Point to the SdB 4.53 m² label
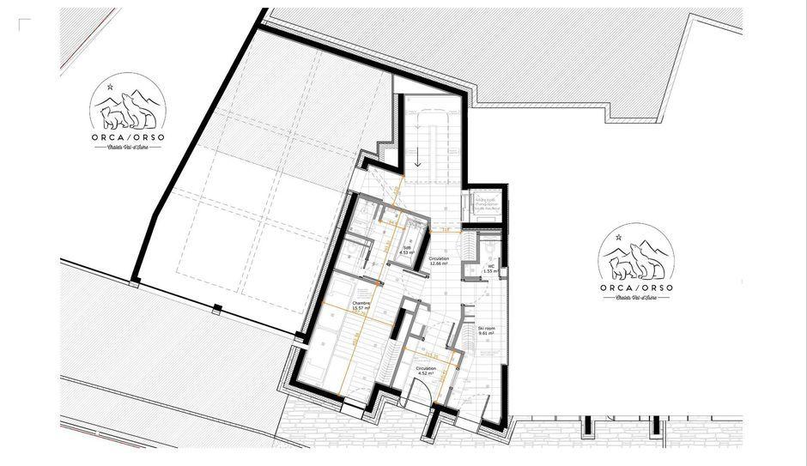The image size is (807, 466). pos(407,250)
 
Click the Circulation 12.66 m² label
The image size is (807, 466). pos(439,261)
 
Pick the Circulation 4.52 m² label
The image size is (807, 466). pos(426,371)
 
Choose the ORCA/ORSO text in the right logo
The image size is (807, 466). pos(636,287)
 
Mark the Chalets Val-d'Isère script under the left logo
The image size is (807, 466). pos(128,147)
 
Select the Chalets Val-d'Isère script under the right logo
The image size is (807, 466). pos(636,300)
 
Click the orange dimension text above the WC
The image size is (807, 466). pos(446,229)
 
